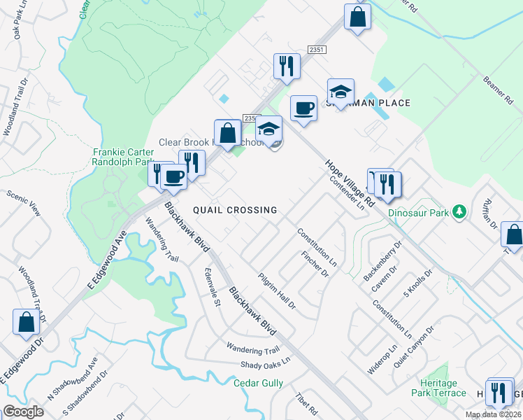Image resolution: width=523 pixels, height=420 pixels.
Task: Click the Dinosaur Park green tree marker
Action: point(459,211)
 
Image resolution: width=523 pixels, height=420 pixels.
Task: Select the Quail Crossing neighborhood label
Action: point(235,210)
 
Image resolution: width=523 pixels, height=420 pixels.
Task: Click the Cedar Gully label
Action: point(259,383)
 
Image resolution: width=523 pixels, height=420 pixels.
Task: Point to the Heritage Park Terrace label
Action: point(443,388)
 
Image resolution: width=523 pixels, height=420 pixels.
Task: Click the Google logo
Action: point(23,411)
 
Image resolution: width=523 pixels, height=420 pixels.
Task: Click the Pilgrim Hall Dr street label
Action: point(276,291)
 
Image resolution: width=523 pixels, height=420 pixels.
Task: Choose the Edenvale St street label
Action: point(212,287)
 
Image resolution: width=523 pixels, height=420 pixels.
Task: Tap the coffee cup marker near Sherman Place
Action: point(303,109)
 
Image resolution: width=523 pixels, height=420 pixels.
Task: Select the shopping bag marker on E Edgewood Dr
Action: point(27,322)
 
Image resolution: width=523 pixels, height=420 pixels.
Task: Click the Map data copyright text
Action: point(493,414)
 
